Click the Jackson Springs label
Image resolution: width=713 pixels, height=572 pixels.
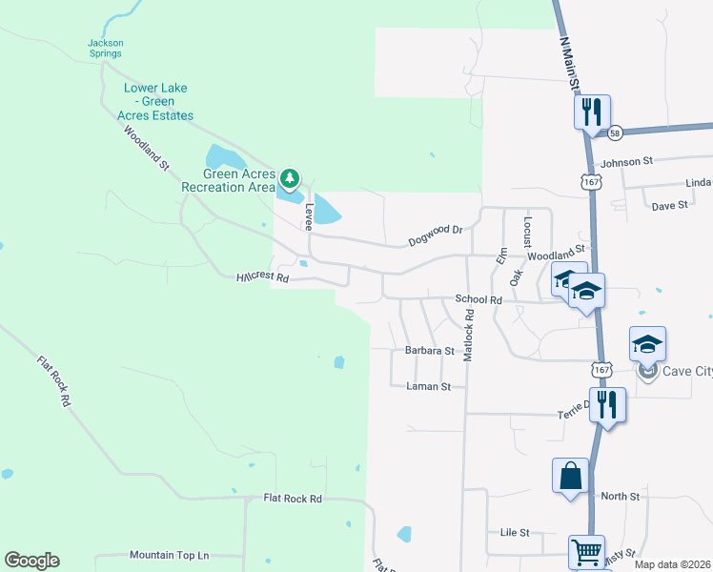[105, 48]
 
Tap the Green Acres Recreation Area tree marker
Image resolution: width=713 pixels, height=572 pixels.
[291, 178]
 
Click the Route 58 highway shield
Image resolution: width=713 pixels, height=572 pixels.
[616, 133]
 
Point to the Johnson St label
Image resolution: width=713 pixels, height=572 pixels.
[626, 162]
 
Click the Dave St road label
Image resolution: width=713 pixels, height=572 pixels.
[669, 205]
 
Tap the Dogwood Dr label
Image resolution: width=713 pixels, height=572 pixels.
[435, 230]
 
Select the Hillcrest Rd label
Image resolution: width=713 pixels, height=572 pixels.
[262, 277]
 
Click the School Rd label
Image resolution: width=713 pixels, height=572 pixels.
[478, 299]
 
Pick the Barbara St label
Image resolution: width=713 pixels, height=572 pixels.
[429, 351]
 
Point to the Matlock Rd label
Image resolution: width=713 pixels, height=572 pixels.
[468, 340]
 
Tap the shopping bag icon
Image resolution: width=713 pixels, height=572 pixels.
[570, 476]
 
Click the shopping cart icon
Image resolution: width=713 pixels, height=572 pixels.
[586, 550]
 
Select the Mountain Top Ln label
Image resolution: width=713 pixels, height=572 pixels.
[170, 555]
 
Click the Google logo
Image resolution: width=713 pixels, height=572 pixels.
[31, 561]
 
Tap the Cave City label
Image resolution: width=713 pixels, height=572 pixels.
[680, 371]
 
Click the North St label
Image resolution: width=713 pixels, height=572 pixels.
[621, 496]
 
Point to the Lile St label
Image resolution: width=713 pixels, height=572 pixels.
[515, 532]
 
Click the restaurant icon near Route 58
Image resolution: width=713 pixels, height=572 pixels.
[592, 112]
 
